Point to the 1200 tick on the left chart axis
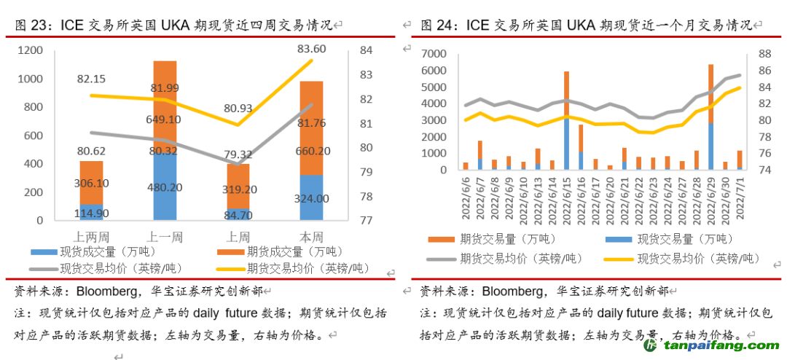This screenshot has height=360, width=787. (x=31, y=50)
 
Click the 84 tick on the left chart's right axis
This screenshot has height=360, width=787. (x=367, y=50)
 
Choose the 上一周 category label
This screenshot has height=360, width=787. (x=165, y=237)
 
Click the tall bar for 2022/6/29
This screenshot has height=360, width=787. (x=710, y=117)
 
